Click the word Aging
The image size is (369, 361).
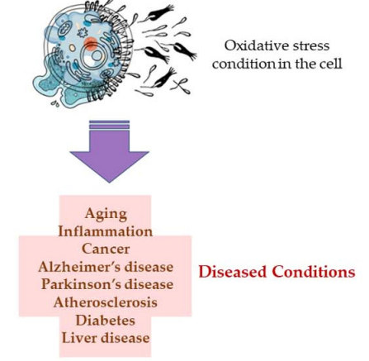point(106,214)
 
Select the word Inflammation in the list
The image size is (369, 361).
point(106,231)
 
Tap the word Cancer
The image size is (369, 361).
point(106,249)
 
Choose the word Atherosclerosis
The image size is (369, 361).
point(106,302)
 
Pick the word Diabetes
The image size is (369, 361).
point(106,320)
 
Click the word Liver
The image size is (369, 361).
point(75,338)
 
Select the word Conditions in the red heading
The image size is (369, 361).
point(314,272)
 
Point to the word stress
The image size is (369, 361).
point(311,46)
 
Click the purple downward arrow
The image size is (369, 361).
point(109,151)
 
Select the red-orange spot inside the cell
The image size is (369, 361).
point(91,44)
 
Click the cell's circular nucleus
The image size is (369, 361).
point(93,56)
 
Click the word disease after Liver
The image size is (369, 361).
point(121,338)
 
